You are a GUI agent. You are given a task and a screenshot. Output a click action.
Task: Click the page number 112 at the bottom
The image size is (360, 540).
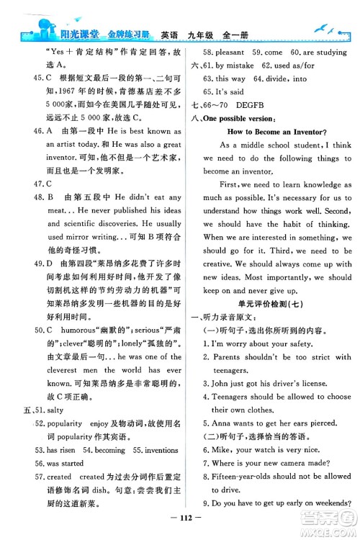pos(180,522)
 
